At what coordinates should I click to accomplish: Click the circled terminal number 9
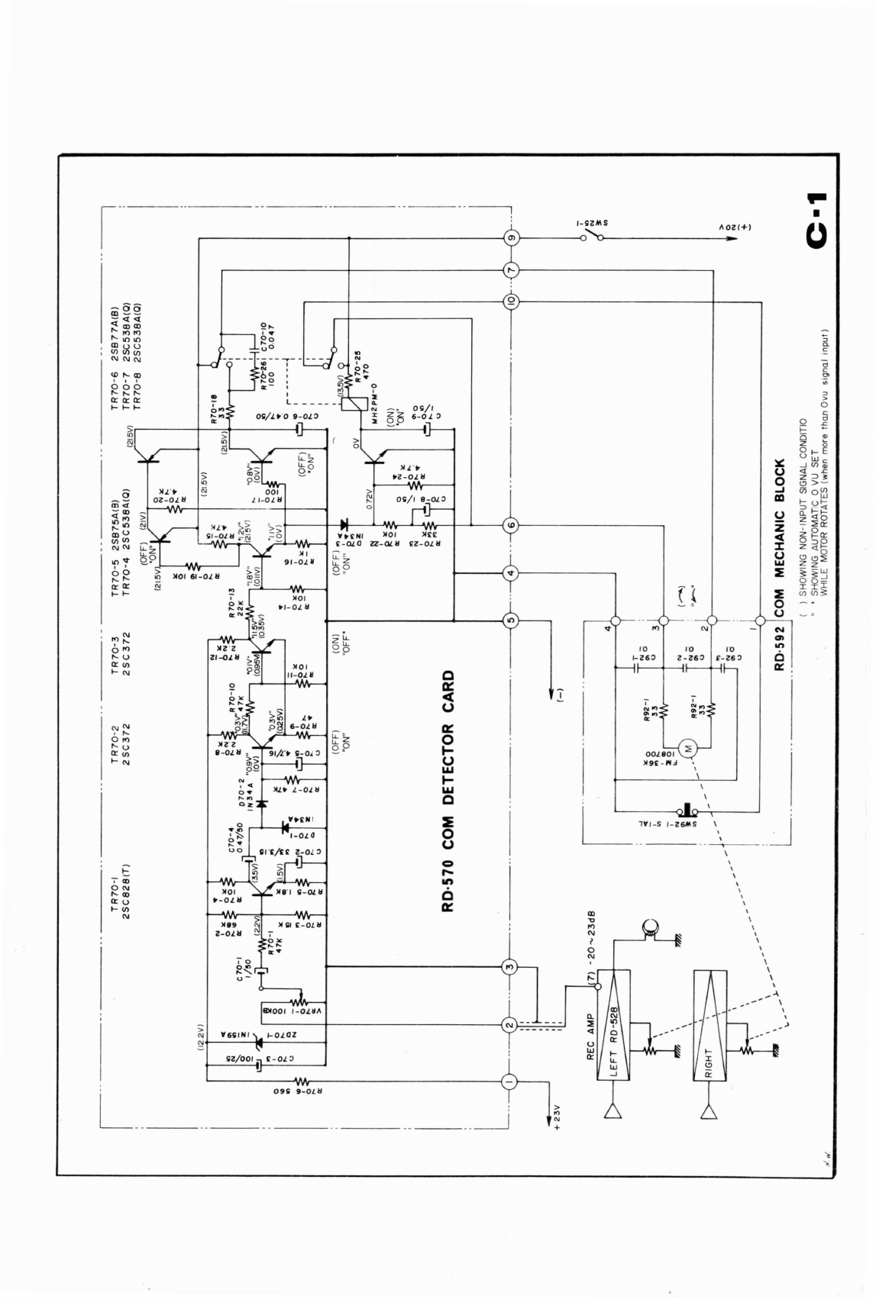tap(511, 239)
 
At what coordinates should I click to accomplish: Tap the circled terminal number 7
tap(511, 269)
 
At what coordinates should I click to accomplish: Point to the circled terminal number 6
tap(511, 525)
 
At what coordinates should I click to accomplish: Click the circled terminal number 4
tap(511, 573)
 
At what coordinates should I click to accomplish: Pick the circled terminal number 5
tap(511, 620)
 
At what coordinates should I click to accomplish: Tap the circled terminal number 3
tap(511, 966)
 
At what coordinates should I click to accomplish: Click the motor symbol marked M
tap(687, 748)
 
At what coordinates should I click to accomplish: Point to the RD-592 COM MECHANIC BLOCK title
tap(779, 565)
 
